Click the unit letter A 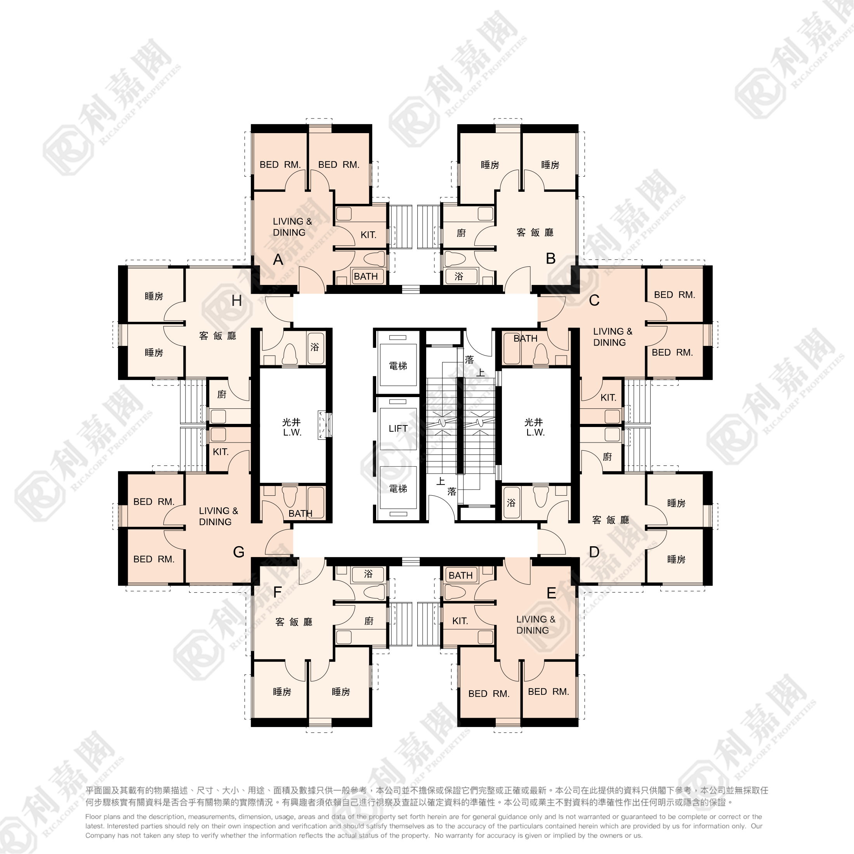tap(278, 259)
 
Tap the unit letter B tap(550, 259)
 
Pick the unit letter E tap(551, 593)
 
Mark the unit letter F tap(278, 592)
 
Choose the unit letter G tap(239, 552)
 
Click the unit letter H tap(237, 301)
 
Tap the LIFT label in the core tap(398, 428)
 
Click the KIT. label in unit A tap(368, 235)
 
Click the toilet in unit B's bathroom tap(455, 259)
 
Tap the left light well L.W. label tap(292, 433)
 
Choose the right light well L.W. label tap(535, 433)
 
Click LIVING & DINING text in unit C tap(613, 337)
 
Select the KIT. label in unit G tap(220, 452)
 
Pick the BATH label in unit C tap(526, 338)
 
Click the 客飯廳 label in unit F tap(294, 622)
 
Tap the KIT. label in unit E tap(460, 621)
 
